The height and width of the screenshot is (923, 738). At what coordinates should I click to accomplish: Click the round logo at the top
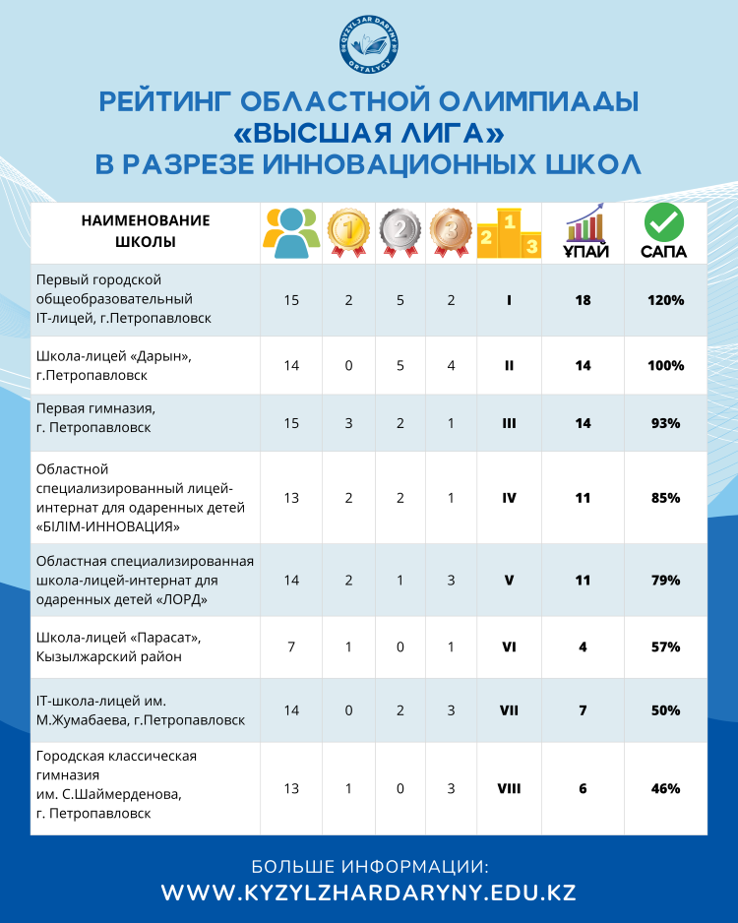pos(369,45)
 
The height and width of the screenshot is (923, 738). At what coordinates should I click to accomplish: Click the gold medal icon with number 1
pos(348,233)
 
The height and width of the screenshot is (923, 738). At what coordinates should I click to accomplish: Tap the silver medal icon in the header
pos(400,233)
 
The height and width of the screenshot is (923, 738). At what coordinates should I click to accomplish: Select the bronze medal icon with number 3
pos(451,233)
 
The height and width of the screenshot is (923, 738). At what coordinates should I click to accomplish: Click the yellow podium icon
pos(509,233)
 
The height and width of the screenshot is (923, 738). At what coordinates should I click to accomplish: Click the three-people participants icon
pos(291,233)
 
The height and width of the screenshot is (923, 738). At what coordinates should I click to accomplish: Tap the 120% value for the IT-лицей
pos(665,300)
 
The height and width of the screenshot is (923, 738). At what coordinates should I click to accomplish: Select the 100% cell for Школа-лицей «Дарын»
pos(665,365)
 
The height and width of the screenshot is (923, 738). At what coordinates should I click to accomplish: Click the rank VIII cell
pos(509,788)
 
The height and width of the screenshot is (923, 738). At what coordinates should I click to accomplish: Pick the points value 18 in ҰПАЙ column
pos(583,300)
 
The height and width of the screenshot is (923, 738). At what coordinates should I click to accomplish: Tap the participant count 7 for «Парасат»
pos(291,647)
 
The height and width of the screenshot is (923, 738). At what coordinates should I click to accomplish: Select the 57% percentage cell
pos(665,647)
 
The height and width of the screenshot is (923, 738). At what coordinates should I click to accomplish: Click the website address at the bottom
pos(369,893)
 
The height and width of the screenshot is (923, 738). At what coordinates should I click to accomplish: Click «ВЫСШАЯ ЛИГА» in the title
pos(369,132)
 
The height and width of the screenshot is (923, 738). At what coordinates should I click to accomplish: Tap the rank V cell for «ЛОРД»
pos(509,580)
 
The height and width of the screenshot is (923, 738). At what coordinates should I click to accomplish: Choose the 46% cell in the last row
pos(665,788)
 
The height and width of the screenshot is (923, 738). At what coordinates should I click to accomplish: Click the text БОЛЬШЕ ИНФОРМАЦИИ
pos(369,866)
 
